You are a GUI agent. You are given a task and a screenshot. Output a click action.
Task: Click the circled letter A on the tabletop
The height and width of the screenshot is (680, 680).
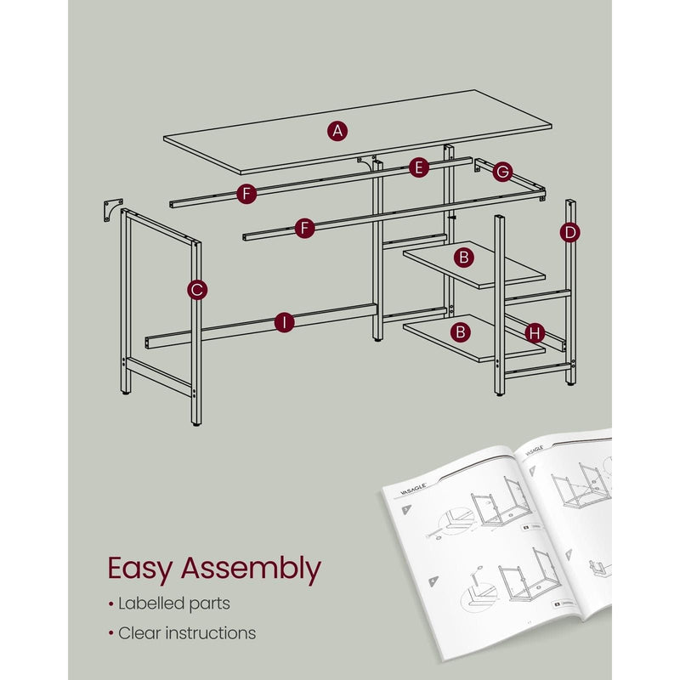(337, 130)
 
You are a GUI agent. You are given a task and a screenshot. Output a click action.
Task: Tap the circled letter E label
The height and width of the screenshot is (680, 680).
(416, 168)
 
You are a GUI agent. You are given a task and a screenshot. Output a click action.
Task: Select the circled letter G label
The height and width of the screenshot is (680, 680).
(501, 173)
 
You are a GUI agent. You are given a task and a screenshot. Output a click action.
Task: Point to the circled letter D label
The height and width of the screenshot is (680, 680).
(570, 231)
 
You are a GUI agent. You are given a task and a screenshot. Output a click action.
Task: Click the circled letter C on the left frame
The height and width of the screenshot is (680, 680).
(196, 290)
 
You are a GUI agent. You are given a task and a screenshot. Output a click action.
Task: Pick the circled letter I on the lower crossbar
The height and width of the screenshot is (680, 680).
(284, 322)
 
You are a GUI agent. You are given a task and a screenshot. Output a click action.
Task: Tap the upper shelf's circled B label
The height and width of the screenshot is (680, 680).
(463, 256)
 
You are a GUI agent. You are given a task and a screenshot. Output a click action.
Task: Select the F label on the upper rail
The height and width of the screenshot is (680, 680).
(246, 195)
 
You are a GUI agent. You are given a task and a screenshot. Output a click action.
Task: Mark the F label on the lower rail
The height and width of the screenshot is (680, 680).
(305, 227)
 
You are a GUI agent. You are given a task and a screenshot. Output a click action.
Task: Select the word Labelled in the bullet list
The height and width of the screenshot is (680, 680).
(150, 603)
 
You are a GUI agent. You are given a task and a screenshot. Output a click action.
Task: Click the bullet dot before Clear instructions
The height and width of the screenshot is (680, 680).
(110, 633)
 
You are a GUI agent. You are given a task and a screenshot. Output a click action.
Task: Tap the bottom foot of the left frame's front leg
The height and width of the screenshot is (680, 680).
(196, 422)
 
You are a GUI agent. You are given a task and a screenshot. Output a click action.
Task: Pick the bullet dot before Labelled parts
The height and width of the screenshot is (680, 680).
(110, 604)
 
